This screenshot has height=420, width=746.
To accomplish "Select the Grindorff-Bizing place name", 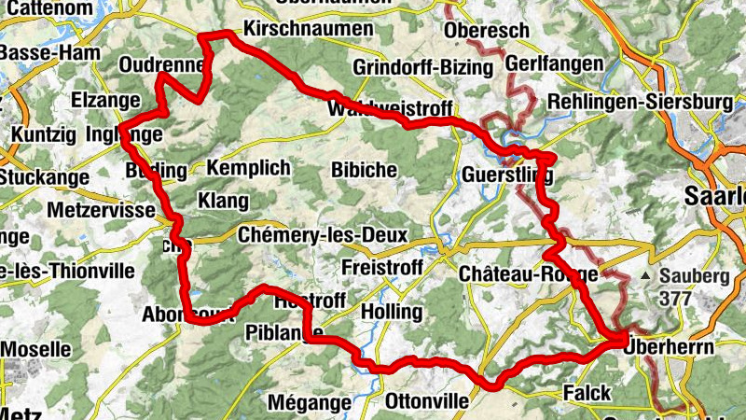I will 422,67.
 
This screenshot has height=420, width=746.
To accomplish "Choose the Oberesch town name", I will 487,31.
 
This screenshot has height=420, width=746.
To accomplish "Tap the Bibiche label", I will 365,170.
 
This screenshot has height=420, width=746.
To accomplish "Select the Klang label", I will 224,201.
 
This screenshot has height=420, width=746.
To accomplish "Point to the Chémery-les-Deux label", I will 323,235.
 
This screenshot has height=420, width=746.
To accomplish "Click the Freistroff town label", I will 383,268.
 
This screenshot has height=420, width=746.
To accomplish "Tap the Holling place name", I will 391,311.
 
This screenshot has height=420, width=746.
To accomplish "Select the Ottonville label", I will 427,401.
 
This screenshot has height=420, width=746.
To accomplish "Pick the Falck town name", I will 587,393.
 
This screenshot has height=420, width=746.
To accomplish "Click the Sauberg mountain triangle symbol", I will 646,276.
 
